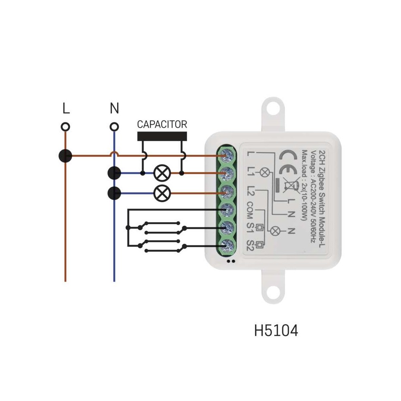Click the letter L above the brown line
click(x=66, y=108)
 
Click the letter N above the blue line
click(x=114, y=108)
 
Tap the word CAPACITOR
click(x=162, y=124)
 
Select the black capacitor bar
click(x=162, y=136)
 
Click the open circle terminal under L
click(x=65, y=127)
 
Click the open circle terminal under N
click(x=114, y=127)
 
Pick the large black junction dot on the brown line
click(x=65, y=156)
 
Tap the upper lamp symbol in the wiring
click(x=162, y=173)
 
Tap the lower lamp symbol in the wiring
click(x=162, y=193)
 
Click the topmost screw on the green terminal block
click(x=227, y=155)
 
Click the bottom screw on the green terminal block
click(x=227, y=246)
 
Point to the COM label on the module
click(x=250, y=210)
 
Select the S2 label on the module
click(x=250, y=245)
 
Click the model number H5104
click(x=276, y=330)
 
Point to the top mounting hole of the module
click(x=273, y=108)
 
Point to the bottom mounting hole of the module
click(x=273, y=292)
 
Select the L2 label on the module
click(x=250, y=191)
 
